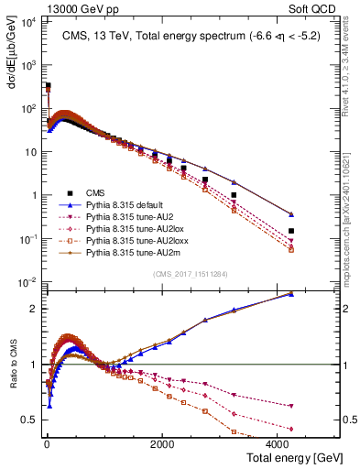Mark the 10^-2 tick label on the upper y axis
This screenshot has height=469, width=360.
point(28,281)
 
